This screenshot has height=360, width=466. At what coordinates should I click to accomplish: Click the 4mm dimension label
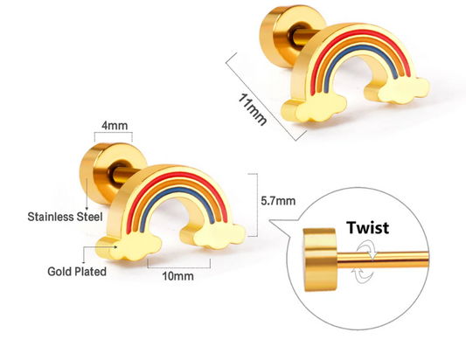pyautogui.click(x=115, y=125)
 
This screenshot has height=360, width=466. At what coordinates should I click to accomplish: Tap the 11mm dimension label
pyautogui.click(x=253, y=109)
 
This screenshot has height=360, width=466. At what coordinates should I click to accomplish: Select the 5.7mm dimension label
pyautogui.click(x=278, y=201)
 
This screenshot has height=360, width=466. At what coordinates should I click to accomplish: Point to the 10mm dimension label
pyautogui.click(x=177, y=276)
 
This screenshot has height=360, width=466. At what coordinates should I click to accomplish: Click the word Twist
pyautogui.click(x=367, y=228)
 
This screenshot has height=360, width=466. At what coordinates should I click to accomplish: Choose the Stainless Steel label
pyautogui.click(x=65, y=217)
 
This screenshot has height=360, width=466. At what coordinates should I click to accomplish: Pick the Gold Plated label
pyautogui.click(x=77, y=272)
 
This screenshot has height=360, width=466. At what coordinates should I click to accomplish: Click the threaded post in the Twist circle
pyautogui.click(x=383, y=257)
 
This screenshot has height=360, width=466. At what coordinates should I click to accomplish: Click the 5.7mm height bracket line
pyautogui.click(x=257, y=205)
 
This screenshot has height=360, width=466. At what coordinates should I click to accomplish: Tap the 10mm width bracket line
pyautogui.click(x=179, y=267)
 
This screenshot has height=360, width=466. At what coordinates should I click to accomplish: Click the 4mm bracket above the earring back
pyautogui.click(x=114, y=133)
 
